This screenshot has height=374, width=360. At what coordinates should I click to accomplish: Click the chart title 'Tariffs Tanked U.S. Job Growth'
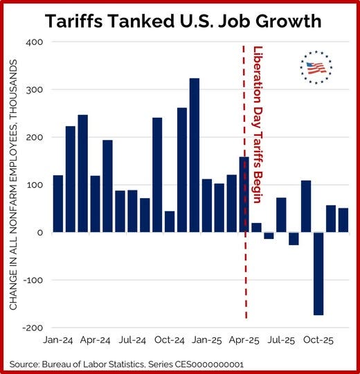coord(183,21)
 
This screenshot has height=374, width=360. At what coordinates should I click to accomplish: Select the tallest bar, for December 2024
coord(195,155)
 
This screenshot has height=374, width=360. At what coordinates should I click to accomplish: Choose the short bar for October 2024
coord(170,222)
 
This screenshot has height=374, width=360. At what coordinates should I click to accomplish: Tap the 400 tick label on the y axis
coord(34,42)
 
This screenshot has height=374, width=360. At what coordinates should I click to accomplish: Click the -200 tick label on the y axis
coord(32,328)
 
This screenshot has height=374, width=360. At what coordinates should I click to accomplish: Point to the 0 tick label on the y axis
coord(40,233)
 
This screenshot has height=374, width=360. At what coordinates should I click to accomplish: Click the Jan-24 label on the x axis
coord(59,341)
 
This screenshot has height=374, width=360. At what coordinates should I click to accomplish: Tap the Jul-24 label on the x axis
coord(132,341)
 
